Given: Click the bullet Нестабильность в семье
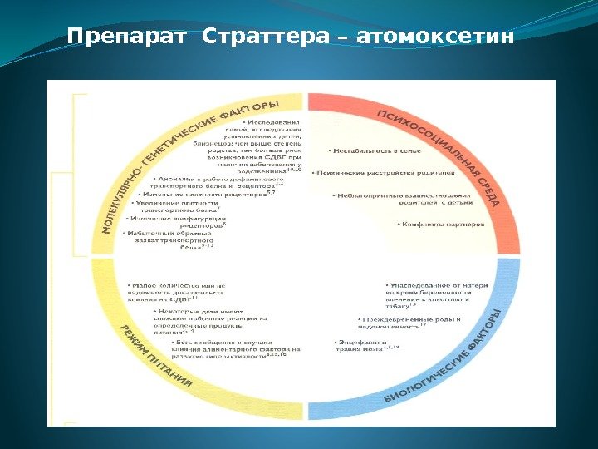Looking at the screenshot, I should (375, 150).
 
